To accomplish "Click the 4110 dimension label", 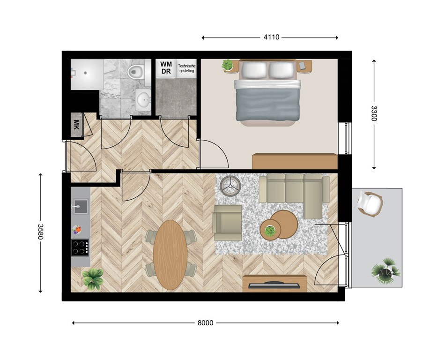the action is click(x=271, y=37).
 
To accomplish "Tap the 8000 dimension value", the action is click(x=205, y=323).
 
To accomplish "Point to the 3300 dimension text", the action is click(x=374, y=113).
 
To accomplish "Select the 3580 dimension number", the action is click(x=40, y=232).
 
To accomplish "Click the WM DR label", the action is click(x=166, y=67).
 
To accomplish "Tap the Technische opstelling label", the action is click(x=186, y=68).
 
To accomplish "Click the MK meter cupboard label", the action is click(x=76, y=124).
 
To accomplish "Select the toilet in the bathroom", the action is click(x=136, y=72).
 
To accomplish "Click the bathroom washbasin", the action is click(x=143, y=99).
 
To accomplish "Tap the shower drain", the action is click(x=85, y=73).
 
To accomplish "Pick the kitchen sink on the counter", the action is click(x=81, y=207).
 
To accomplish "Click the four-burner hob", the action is click(x=80, y=247).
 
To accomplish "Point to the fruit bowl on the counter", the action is click(x=77, y=230).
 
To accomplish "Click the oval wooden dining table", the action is click(x=170, y=255).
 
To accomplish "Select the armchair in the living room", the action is click(x=227, y=223).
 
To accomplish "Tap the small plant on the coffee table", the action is click(x=270, y=231).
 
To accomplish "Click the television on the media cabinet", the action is click(x=274, y=285).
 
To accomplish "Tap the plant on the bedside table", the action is click(x=228, y=65).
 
